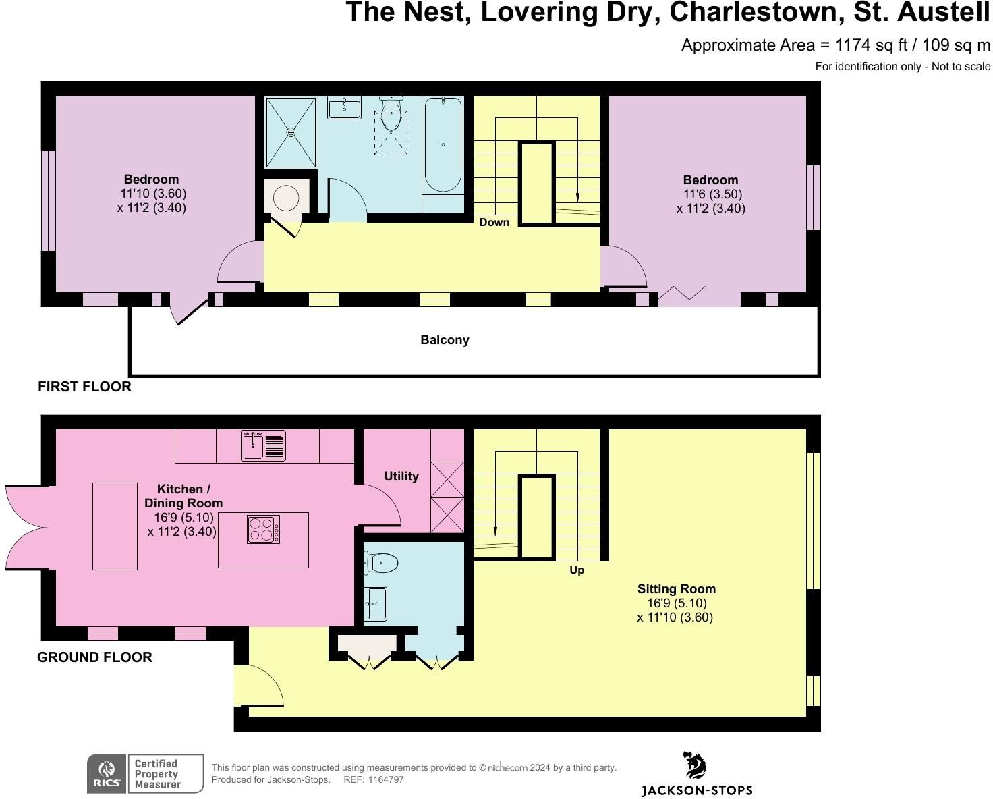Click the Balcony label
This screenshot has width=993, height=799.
tap(445, 340)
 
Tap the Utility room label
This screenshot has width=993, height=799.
tap(401, 476)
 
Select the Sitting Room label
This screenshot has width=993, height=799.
tap(677, 589)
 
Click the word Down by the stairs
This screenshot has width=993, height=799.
tap(494, 223)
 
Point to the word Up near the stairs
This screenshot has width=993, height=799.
tap(577, 570)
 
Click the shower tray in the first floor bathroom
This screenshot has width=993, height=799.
tap(291, 132)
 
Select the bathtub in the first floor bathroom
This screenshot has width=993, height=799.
tap(443, 144)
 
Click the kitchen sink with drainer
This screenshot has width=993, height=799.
tap(264, 445)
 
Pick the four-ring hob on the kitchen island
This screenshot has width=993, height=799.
tap(263, 530)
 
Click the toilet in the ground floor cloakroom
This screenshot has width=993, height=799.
tap(382, 563)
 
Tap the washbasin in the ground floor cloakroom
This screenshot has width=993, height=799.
tap(376, 604)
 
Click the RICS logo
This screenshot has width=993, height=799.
tap(107, 773)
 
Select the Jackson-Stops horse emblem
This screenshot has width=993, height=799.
tap(695, 765)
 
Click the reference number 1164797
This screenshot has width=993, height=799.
tap(386, 779)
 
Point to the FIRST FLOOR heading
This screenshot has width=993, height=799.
tap(84, 387)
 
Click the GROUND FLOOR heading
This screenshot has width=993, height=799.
tap(94, 657)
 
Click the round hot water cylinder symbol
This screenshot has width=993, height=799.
tap(286, 198)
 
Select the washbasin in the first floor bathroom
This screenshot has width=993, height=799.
tap(344, 108)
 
